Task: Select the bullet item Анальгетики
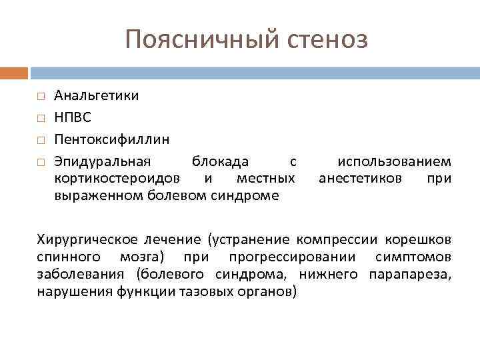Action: pyautogui.click(x=97, y=95)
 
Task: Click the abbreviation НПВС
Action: pyautogui.click(x=73, y=117)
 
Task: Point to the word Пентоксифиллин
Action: pyautogui.click(x=112, y=139)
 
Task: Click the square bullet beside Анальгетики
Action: pyautogui.click(x=41, y=96)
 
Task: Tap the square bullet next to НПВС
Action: pyautogui.click(x=41, y=118)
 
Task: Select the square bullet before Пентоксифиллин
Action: pyautogui.click(x=41, y=140)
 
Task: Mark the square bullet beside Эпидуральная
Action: pyautogui.click(x=41, y=162)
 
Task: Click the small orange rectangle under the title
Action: pyautogui.click(x=14, y=72)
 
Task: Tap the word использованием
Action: pyautogui.click(x=394, y=161)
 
